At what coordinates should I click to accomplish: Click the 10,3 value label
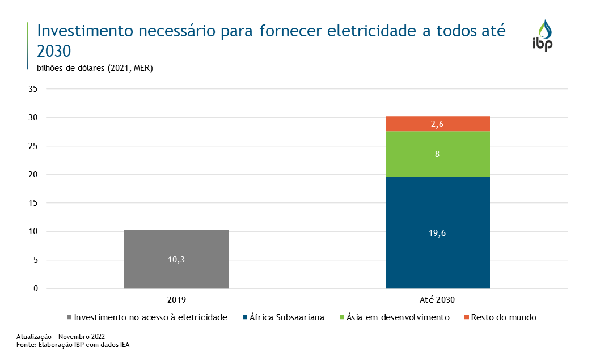pyautogui.click(x=176, y=260)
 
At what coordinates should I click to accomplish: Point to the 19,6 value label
pyautogui.click(x=437, y=233)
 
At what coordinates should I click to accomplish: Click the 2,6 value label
pyautogui.click(x=437, y=124)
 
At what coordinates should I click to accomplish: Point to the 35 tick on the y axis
pyautogui.click(x=33, y=89)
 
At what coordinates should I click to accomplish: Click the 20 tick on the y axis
pyautogui.click(x=33, y=175)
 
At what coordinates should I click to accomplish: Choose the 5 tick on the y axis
pyautogui.click(x=35, y=260)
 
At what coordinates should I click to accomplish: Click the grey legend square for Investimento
pyautogui.click(x=69, y=317)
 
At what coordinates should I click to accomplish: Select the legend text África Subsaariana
pyautogui.click(x=286, y=317)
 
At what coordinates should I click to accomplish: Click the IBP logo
pyautogui.click(x=543, y=36)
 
